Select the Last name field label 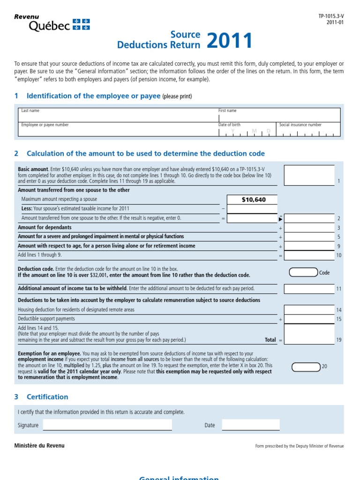click(30, 111)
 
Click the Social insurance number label click(300, 125)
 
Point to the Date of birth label click(229, 125)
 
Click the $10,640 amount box click(252, 200)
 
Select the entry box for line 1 click(309, 175)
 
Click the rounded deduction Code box click(303, 272)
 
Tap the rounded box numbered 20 click(306, 366)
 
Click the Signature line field click(107, 425)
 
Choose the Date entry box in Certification click(250, 425)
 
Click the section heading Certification click(47, 397)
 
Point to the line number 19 click(338, 340)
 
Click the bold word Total click(270, 340)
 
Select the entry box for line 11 click(309, 289)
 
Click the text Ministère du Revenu click(39, 445)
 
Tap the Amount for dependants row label click(45, 227)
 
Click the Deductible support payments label click(46, 319)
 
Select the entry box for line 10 click(309, 255)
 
